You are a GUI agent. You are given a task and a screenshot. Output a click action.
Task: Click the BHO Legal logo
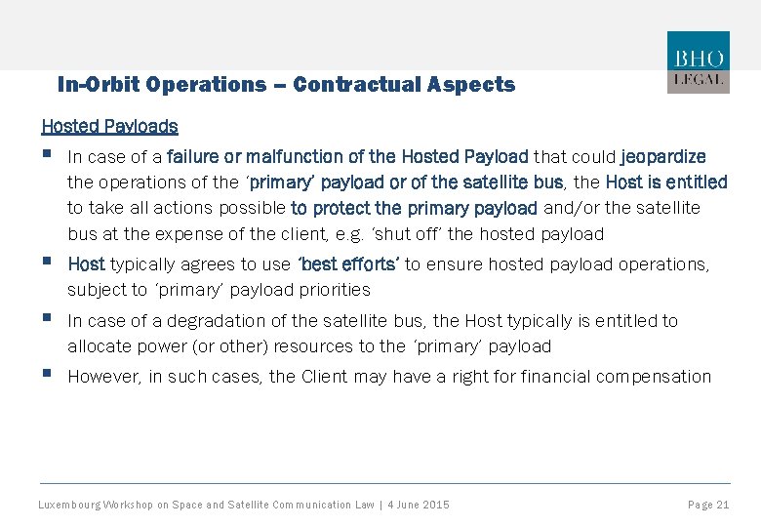coord(698,62)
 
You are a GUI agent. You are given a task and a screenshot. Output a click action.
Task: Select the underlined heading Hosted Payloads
coord(109,126)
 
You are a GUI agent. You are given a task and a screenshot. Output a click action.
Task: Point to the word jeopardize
coord(662,156)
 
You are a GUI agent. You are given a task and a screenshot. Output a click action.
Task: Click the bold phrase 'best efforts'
coord(347,264)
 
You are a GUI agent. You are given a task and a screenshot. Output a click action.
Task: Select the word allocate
coord(97,346)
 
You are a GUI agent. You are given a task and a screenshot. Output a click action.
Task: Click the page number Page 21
coord(708,505)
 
